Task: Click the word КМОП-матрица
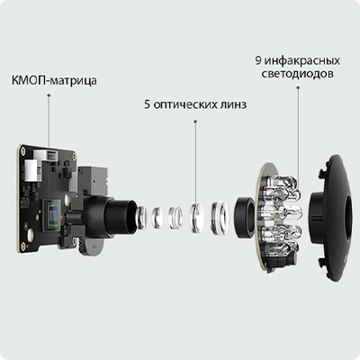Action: (54, 81)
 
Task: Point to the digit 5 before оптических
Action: (147, 105)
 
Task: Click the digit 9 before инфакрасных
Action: (258, 60)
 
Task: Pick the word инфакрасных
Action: (302, 61)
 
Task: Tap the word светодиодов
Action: (297, 74)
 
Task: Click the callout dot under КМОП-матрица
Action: (49, 95)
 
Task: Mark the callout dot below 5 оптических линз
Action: (195, 121)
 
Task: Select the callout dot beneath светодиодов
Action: (298, 87)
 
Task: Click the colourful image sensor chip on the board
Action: (53, 215)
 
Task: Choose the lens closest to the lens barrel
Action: (141, 215)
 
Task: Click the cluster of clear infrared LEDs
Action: (282, 213)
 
